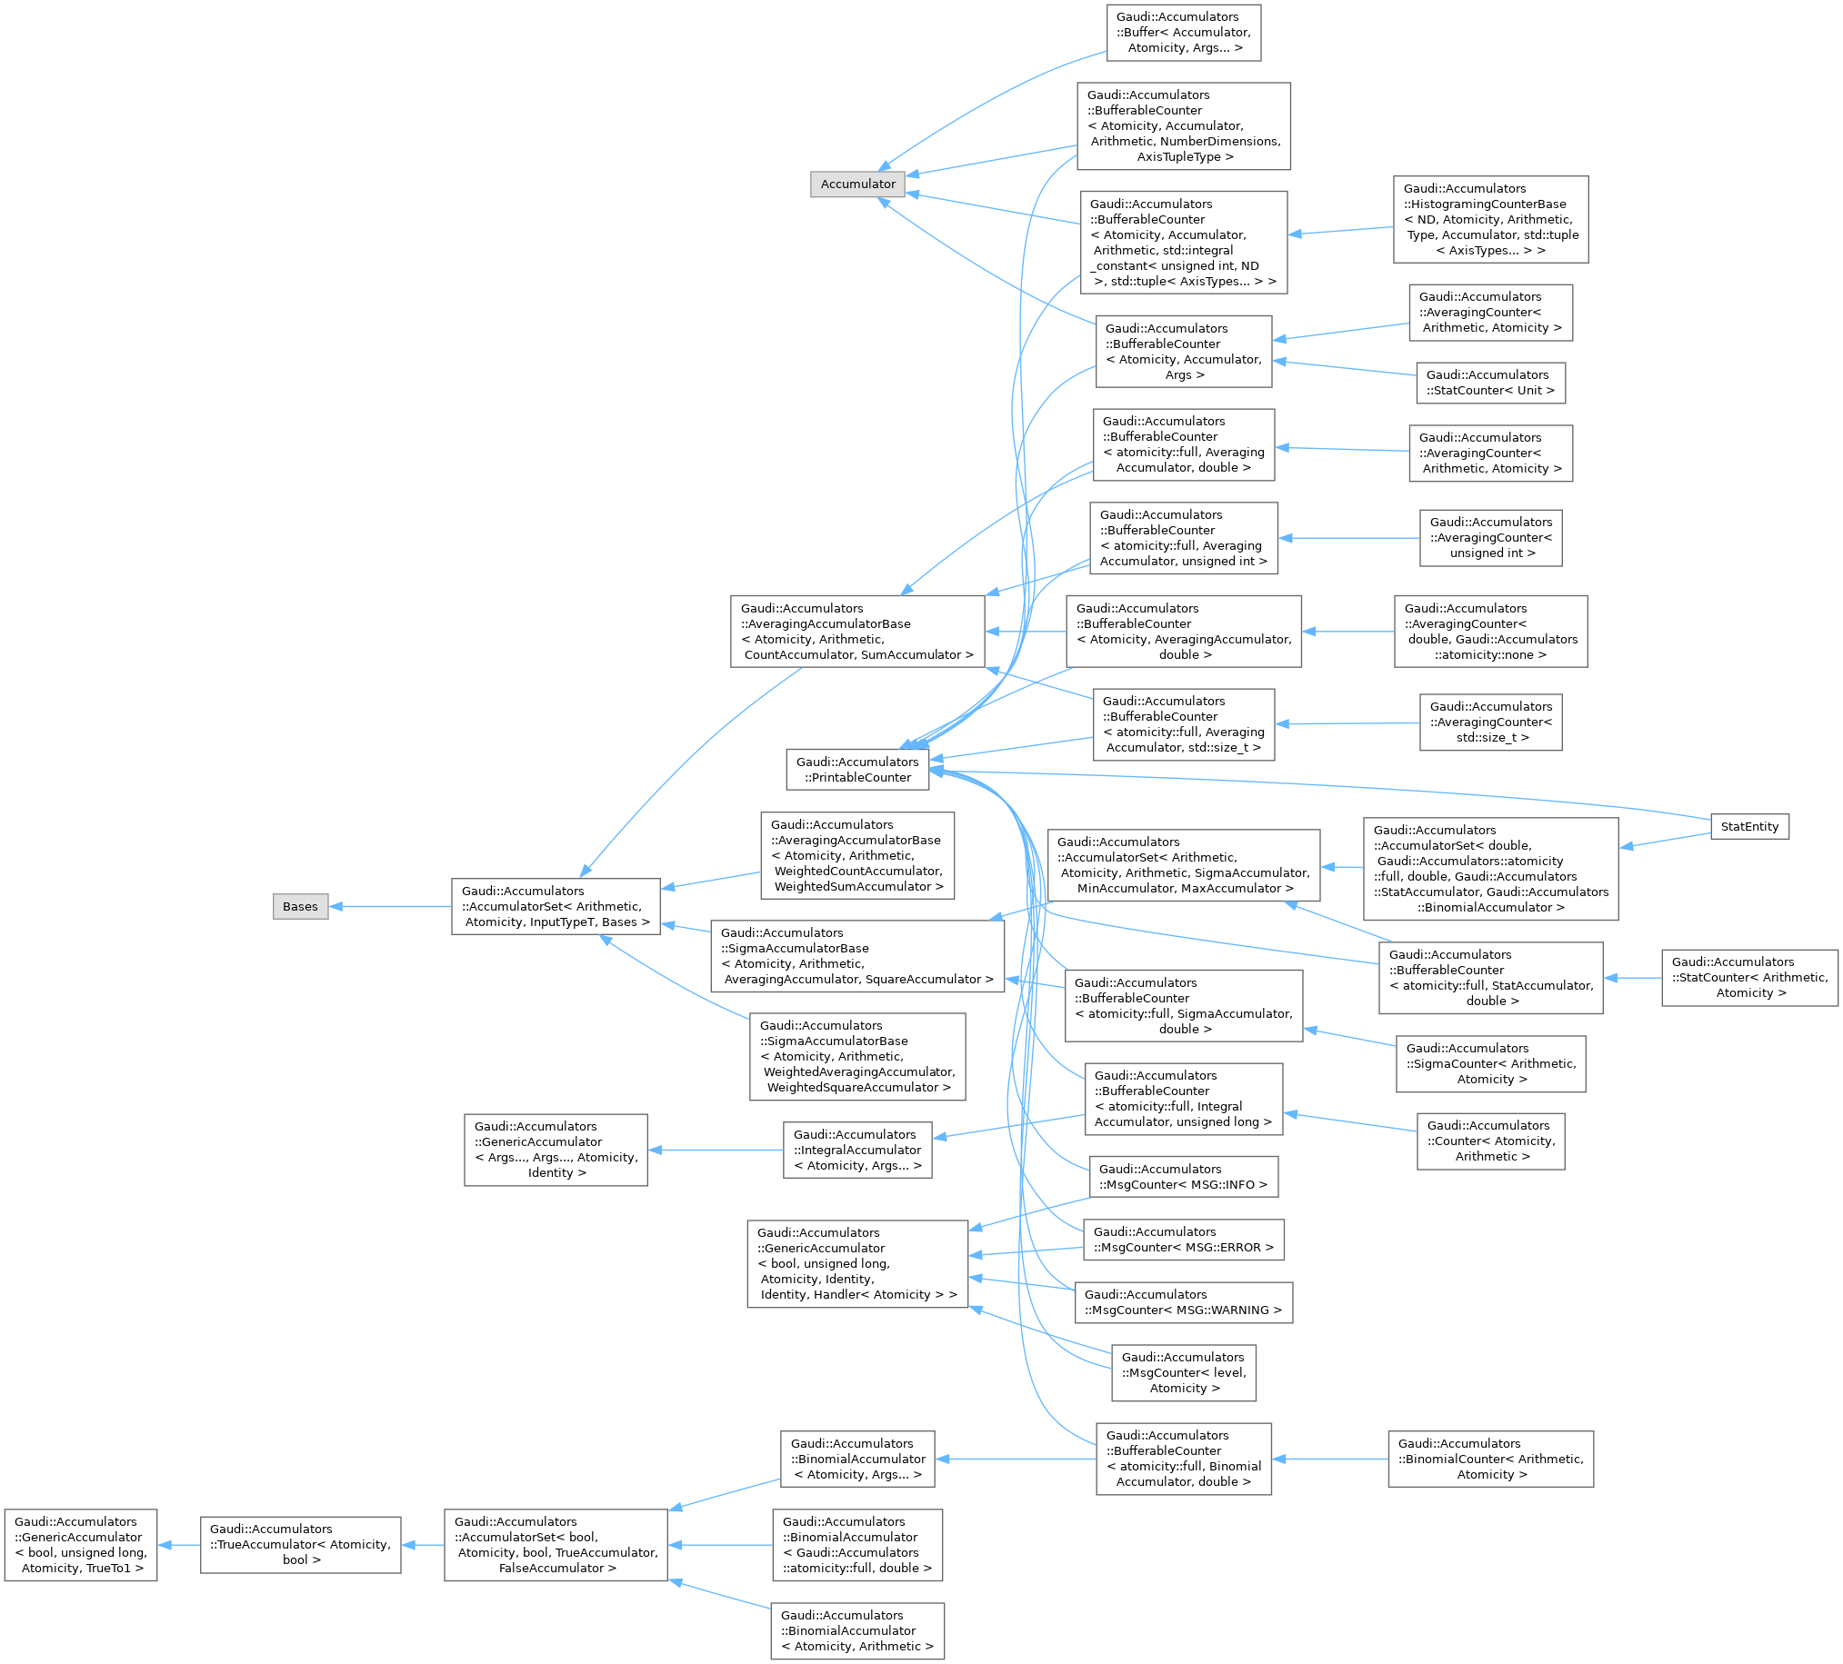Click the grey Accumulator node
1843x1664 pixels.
[857, 184]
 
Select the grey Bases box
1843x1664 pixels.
[300, 906]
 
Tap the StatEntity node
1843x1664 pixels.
[1748, 826]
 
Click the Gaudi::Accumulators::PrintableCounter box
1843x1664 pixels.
[856, 770]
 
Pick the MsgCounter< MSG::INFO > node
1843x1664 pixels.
[1183, 1177]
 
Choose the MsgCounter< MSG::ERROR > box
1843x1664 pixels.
[1183, 1239]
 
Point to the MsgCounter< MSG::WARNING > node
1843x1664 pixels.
[1183, 1302]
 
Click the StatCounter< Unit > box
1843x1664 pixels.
[1490, 383]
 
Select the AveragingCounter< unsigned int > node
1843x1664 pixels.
[1490, 537]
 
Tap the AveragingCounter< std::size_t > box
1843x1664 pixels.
[1490, 722]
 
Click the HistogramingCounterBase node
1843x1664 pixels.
[1490, 219]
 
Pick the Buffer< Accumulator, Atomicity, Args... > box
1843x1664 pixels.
[1183, 33]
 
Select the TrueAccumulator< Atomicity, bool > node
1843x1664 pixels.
[300, 1544]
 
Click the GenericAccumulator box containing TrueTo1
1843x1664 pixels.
[80, 1544]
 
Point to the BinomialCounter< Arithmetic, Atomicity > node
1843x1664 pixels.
[1490, 1459]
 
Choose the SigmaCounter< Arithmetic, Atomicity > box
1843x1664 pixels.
[1490, 1063]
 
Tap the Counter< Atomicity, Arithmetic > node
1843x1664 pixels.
[1490, 1141]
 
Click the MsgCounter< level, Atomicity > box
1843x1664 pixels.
[1183, 1372]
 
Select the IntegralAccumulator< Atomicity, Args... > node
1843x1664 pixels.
[856, 1150]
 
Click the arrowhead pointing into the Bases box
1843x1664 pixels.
[336, 906]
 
